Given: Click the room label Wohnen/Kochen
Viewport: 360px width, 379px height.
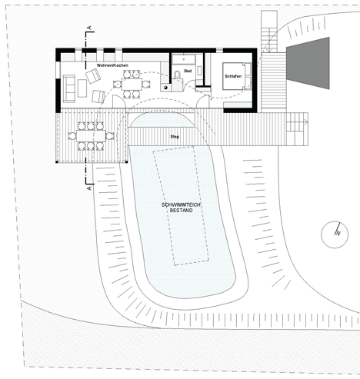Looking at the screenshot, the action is click(112, 65).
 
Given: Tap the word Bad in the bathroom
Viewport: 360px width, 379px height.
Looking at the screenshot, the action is click(188, 71).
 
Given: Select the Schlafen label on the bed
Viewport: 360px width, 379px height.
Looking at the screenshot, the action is click(233, 76).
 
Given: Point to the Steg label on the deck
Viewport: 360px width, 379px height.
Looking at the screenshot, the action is click(175, 137).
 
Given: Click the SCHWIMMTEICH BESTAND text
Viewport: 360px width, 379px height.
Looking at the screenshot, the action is click(181, 208).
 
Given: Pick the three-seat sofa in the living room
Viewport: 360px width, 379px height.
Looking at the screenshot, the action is click(68, 88).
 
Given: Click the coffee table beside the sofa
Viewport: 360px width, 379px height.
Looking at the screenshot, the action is click(82, 88).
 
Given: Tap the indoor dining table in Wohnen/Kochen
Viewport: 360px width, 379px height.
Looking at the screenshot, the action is click(132, 84).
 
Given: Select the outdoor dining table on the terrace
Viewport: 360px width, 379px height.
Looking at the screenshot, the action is click(91, 136).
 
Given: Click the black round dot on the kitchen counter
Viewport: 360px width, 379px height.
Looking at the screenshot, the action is click(165, 88).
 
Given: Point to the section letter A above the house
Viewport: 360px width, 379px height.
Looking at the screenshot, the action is click(90, 28).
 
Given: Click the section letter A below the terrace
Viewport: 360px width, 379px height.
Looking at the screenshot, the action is click(89, 188).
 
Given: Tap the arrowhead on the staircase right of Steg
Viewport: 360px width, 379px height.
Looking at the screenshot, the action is click(305, 122).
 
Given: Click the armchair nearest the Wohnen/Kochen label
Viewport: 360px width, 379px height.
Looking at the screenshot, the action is click(93, 76).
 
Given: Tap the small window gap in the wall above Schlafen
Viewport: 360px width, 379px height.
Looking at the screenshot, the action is click(219, 51).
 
